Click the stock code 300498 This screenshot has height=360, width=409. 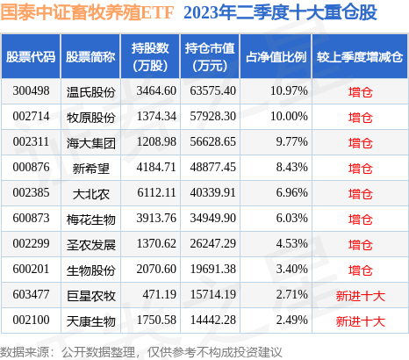click(x=30, y=91)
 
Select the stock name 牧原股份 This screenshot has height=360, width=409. click(x=90, y=117)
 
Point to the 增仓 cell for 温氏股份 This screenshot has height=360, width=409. click(x=360, y=91)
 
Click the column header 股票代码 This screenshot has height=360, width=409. click(x=31, y=57)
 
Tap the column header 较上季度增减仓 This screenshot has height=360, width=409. click(x=360, y=57)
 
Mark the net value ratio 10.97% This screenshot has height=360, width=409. click(x=288, y=91)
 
